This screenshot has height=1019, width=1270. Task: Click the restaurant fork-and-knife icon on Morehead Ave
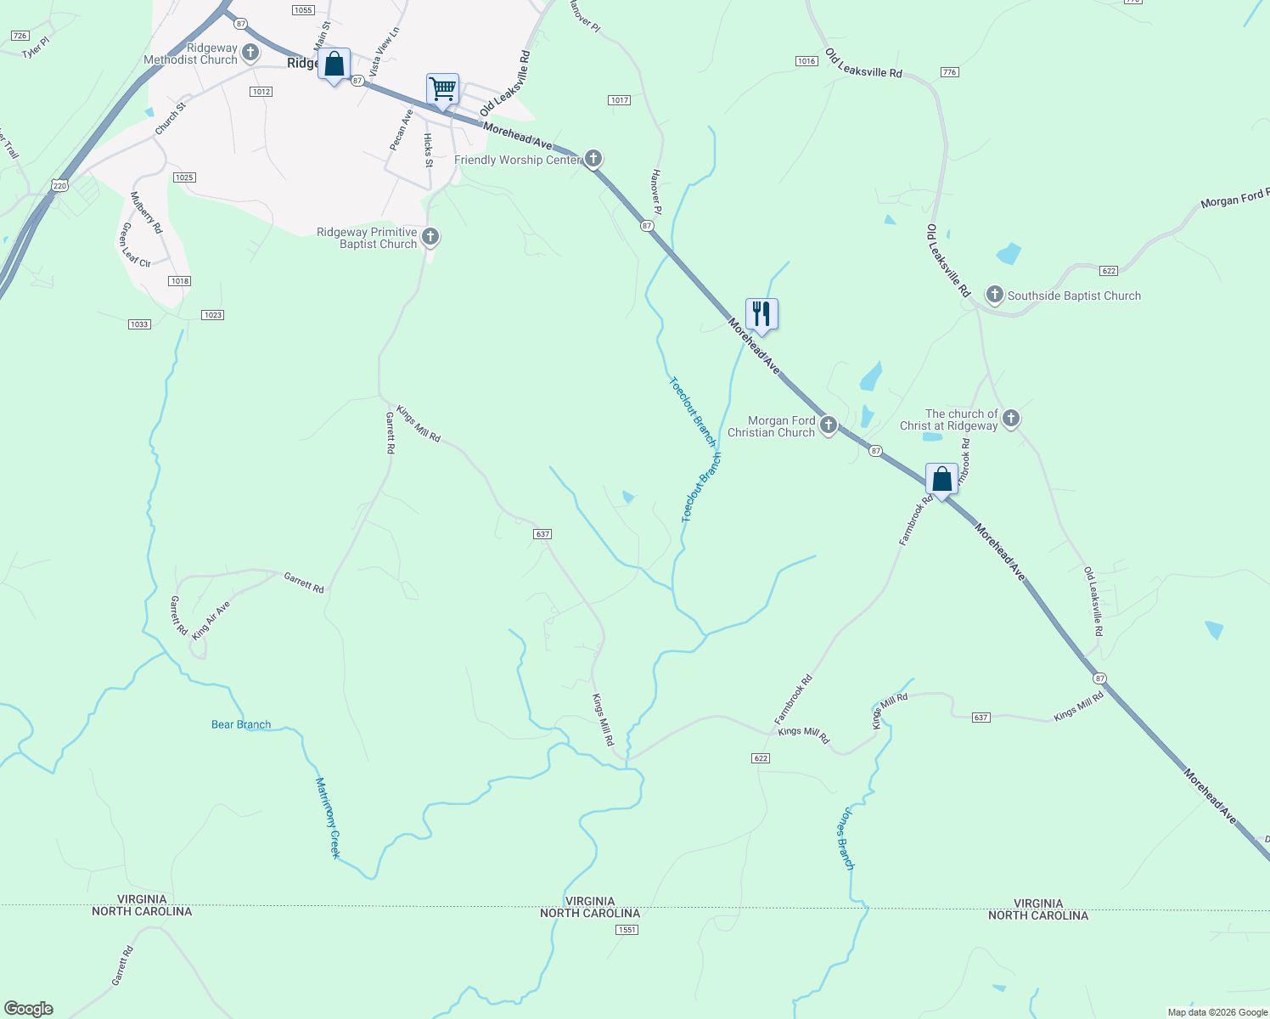(761, 313)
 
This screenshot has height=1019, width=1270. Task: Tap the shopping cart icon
(442, 87)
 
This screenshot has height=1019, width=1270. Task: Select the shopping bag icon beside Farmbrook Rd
(941, 479)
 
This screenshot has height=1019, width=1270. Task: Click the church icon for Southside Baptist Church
(994, 295)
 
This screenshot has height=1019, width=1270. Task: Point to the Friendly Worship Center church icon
(593, 158)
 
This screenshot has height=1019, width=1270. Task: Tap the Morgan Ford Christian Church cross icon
(828, 425)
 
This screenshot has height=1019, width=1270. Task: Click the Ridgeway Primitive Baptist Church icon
(430, 236)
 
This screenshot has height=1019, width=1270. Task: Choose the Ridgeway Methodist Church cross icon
(250, 53)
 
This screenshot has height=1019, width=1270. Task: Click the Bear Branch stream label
(241, 724)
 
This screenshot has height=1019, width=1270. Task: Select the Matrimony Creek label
(328, 817)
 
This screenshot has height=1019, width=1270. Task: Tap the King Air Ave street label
(211, 620)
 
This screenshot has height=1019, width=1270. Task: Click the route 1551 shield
(627, 930)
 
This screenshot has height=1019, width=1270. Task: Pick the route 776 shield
(949, 72)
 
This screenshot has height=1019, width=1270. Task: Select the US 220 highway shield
(59, 184)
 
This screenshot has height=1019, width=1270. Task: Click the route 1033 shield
(139, 324)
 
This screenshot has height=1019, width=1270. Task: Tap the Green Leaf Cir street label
(135, 245)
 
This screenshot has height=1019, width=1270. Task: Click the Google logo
(29, 1009)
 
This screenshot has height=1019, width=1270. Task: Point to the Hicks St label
(428, 149)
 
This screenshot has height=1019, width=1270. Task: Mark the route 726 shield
(20, 36)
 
